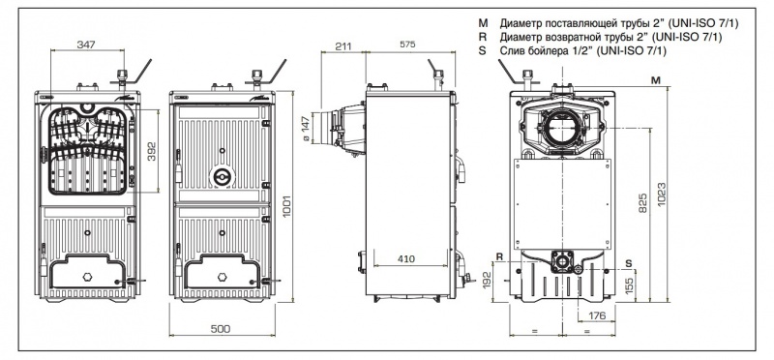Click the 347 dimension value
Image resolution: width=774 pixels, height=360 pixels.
pyautogui.click(x=86, y=45)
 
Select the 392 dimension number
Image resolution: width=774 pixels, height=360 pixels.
pyautogui.click(x=152, y=151)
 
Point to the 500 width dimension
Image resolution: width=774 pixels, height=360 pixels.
pyautogui.click(x=221, y=329)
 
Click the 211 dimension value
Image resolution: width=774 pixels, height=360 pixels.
pyautogui.click(x=343, y=45)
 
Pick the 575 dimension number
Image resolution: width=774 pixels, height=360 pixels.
pyautogui.click(x=407, y=45)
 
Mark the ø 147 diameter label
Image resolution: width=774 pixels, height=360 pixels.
pyautogui.click(x=306, y=129)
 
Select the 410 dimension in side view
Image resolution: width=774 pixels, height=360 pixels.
pyautogui.click(x=406, y=258)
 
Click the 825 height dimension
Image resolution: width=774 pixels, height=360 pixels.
pyautogui.click(x=643, y=203)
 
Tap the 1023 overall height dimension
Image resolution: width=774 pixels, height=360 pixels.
pyautogui.click(x=662, y=195)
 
